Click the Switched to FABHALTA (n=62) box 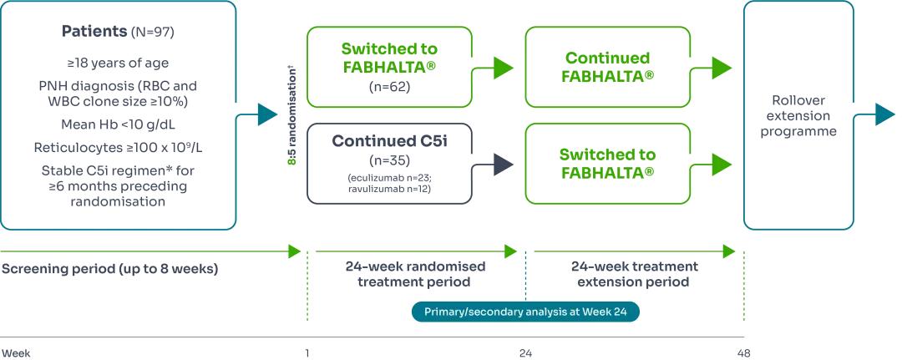pos(389,67)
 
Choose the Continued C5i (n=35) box pos(389,163)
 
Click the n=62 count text pos(389,86)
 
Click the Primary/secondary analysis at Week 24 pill pos(526,312)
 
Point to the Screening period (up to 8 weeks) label pos(109,270)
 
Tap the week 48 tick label pos(742,352)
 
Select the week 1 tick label pos(307,352)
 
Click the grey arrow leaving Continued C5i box pos(499,165)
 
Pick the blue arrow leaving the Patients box pos(266,115)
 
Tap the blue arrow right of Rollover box pos(884,115)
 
